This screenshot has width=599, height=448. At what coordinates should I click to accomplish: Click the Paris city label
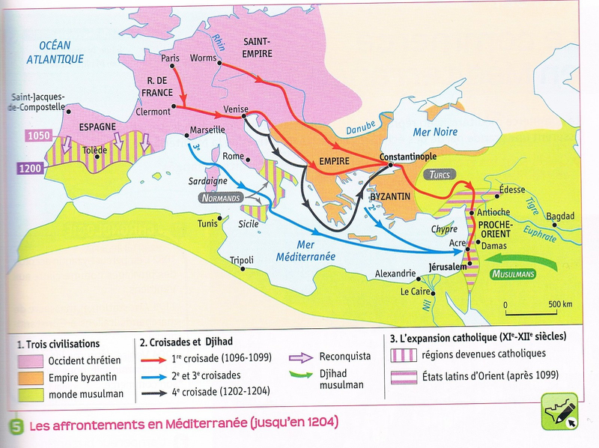click(171, 56)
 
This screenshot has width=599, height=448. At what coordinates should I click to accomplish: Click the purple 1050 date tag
click(37, 137)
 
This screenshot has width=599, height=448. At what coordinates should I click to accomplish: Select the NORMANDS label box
click(220, 199)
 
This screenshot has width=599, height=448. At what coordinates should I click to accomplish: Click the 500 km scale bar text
click(560, 304)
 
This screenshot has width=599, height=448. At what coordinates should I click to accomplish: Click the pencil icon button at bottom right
click(561, 411)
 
